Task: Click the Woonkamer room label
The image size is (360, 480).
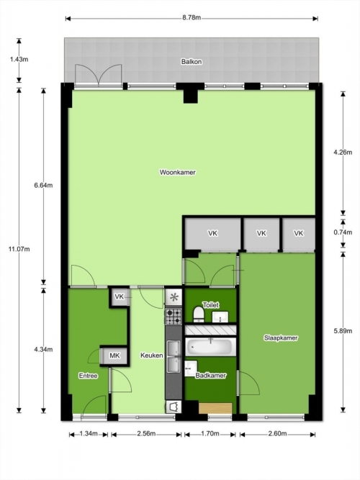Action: coord(177,172)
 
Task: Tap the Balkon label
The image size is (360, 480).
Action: coord(192,62)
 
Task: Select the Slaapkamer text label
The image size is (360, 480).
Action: coord(281,338)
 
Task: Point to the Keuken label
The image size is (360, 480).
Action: coord(152,356)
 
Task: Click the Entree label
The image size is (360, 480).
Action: coord(89,376)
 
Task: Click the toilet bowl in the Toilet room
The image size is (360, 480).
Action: coord(199,314)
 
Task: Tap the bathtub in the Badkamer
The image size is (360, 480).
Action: coord(211,347)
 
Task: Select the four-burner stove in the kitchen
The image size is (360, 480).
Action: coord(174,317)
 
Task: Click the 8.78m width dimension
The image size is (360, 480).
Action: coord(192,18)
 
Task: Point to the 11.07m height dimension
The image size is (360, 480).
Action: coord(19,249)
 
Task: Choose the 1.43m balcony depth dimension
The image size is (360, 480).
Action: coord(19,60)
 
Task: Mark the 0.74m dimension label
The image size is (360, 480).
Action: coord(343,232)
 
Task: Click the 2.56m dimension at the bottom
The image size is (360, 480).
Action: coord(146,434)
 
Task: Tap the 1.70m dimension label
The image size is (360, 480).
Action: coord(210,434)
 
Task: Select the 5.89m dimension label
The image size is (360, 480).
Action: coord(343,331)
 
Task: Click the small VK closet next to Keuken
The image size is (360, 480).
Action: coord(120,297)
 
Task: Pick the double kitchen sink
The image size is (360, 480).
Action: coord(174,357)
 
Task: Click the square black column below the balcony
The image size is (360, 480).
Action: coord(191,96)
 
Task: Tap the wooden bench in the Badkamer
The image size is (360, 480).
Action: coord(215,408)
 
